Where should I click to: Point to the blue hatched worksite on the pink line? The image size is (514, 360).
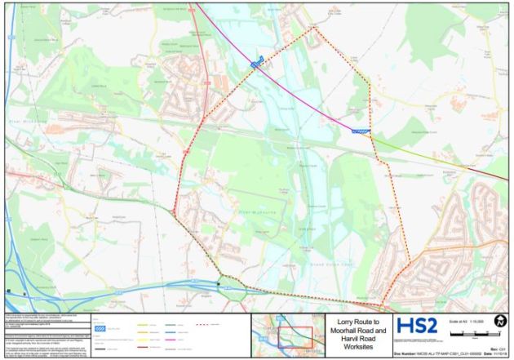[x=257, y=62]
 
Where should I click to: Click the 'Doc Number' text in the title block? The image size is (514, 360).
[x=408, y=352]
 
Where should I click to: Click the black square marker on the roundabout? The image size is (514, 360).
[x=219, y=283]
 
